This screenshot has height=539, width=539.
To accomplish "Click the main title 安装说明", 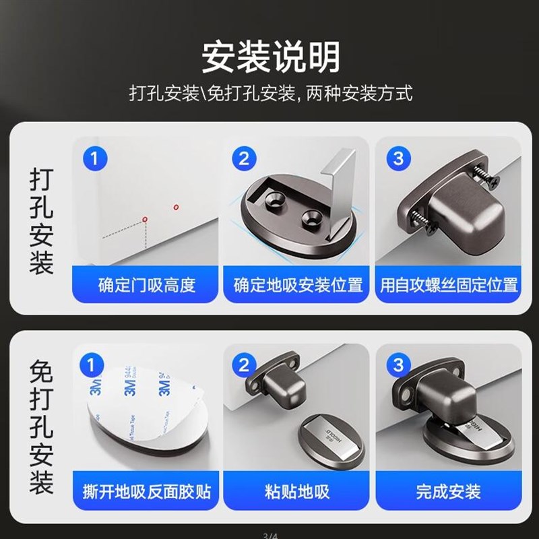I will click(x=269, y=57).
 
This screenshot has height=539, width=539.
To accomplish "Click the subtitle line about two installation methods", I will click(x=269, y=93).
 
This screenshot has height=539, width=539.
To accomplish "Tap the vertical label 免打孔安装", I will click(x=41, y=429).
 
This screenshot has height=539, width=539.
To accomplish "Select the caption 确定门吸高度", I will click(x=146, y=285).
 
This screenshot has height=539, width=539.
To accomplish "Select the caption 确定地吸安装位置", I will click(x=297, y=285).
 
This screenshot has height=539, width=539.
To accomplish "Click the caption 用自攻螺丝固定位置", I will click(x=449, y=285).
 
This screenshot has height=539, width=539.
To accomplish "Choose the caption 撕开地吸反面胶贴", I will click(x=146, y=491).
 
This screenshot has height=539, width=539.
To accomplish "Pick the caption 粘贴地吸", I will click(x=297, y=491).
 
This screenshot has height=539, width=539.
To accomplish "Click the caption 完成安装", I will click(x=449, y=491).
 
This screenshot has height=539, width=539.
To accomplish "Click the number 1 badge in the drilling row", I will click(x=94, y=159).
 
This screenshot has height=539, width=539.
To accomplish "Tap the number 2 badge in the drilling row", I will click(x=245, y=159).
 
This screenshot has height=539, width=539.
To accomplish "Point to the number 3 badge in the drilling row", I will click(x=398, y=159).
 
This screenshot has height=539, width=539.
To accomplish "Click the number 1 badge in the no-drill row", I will click(x=94, y=366).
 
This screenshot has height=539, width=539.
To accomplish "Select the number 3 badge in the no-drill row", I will click(x=398, y=366).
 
